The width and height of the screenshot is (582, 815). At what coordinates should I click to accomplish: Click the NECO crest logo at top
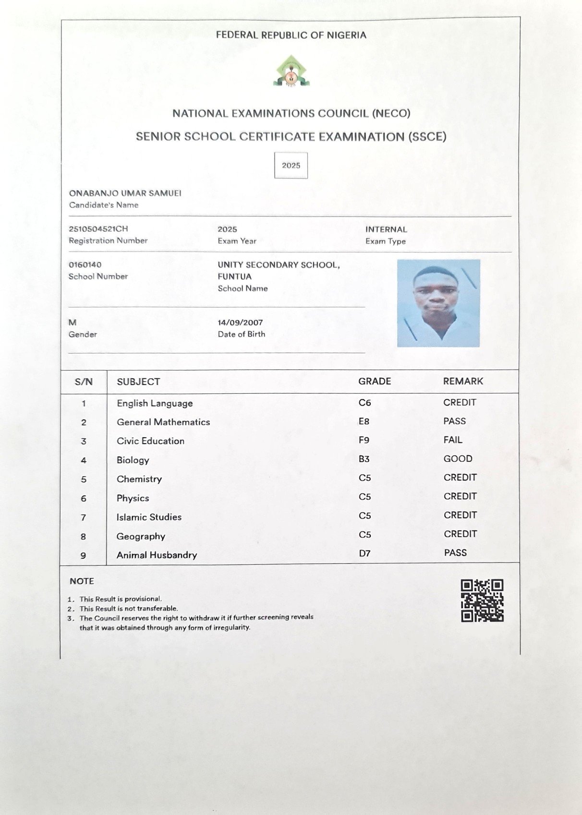[291, 71]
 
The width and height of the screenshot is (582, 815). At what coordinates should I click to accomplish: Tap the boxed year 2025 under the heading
[291, 166]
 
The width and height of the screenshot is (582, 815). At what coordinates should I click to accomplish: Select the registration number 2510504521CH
[98, 229]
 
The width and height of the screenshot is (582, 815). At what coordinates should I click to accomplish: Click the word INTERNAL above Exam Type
[386, 229]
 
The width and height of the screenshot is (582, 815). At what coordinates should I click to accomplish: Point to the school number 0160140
[85, 264]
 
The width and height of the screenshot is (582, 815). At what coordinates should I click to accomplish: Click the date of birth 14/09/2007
[240, 323]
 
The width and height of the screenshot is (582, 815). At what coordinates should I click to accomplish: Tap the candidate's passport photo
[438, 303]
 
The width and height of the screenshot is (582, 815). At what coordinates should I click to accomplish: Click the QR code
[482, 600]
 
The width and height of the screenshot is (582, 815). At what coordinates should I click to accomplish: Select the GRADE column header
[375, 381]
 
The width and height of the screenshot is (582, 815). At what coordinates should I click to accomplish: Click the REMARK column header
[463, 381]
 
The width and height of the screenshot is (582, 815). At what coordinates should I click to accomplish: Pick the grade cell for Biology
[364, 459]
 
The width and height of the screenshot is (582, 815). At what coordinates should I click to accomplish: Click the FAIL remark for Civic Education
[453, 440]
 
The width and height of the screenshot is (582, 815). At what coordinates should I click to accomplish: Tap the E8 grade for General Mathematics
[364, 421]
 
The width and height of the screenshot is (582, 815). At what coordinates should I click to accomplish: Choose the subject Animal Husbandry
[157, 555]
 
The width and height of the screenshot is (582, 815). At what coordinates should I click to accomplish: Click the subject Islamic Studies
[149, 517]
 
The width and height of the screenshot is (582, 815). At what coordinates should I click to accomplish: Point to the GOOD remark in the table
[458, 458]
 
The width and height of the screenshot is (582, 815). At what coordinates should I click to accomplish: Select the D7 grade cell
[364, 553]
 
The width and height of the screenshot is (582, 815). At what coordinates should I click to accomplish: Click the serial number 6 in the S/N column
[84, 499]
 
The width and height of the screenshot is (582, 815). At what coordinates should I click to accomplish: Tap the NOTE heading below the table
[82, 581]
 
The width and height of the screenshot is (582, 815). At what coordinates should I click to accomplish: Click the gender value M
[73, 323]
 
